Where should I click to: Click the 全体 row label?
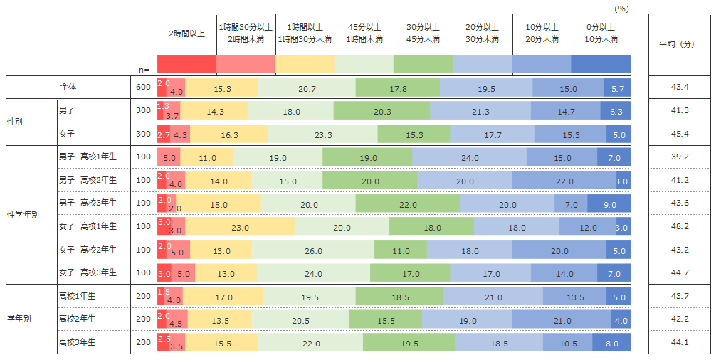pos(68,87)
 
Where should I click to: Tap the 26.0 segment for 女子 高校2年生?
pos(313,251)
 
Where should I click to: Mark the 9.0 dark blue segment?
pos(609,204)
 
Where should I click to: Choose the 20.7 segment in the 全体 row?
pos(307,88)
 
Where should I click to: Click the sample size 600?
pos(143,87)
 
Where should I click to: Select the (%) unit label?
pos(621,8)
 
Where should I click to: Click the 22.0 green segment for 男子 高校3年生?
pos(407,204)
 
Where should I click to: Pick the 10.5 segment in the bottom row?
pos(567,343)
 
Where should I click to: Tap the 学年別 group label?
pos(19,319)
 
